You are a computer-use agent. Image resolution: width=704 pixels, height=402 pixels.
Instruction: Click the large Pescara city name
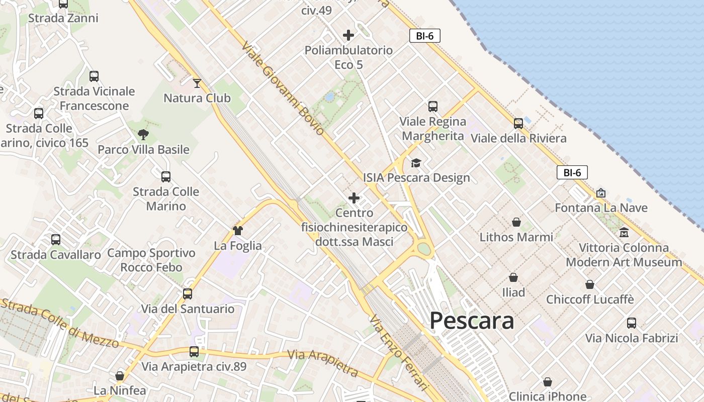click(472, 321)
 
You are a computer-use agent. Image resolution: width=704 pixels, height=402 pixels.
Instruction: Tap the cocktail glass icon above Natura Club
click(197, 83)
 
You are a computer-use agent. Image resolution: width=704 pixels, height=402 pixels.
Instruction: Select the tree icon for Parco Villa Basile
click(143, 134)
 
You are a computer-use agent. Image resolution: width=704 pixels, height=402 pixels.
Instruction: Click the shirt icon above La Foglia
click(238, 231)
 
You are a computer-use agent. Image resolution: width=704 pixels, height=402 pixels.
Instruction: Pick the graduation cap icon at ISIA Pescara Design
click(416, 163)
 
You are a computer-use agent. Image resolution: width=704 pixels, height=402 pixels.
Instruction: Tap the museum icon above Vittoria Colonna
click(624, 233)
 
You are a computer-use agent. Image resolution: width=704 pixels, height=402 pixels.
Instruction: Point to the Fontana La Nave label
click(601, 208)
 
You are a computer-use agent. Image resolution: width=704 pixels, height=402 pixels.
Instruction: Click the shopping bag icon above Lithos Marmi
click(516, 222)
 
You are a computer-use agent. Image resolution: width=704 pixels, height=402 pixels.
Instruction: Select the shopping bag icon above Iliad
click(513, 277)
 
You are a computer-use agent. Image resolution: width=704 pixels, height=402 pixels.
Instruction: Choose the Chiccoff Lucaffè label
click(590, 299)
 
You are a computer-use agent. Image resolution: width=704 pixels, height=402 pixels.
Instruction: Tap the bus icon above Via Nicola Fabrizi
click(632, 323)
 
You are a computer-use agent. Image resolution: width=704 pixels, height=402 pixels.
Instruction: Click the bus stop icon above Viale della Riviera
click(518, 124)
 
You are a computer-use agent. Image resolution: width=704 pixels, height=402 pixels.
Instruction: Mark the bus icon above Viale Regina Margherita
click(433, 107)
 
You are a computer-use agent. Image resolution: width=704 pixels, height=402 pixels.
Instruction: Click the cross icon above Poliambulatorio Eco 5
click(348, 35)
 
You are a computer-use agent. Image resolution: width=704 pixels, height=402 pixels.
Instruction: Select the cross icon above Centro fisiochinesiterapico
click(354, 198)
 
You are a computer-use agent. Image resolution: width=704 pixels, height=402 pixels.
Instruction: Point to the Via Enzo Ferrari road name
click(398, 352)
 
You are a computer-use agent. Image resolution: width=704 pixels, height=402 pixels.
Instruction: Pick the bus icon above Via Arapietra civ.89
click(194, 352)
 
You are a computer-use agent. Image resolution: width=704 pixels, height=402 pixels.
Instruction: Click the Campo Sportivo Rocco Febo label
click(151, 260)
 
